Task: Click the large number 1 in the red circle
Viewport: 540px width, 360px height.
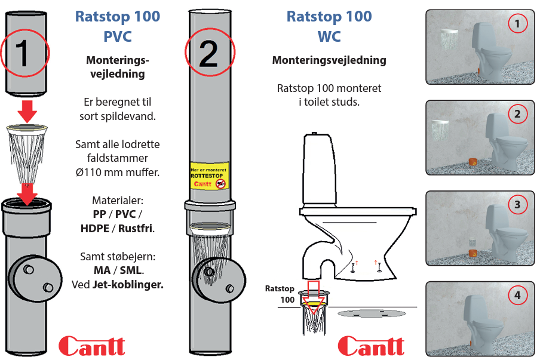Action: (x=23, y=54)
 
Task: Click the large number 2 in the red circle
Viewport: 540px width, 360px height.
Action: (x=208, y=55)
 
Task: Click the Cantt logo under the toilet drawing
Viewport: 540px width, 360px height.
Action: (x=370, y=346)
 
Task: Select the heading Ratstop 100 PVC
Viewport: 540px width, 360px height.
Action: (x=118, y=26)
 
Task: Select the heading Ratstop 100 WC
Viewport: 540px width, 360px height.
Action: (x=329, y=26)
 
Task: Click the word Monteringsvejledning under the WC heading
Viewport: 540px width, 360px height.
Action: (x=329, y=60)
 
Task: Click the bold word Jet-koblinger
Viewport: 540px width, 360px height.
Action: (x=128, y=284)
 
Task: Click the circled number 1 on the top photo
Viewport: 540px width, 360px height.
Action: (x=517, y=23)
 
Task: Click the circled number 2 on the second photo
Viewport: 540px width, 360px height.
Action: (x=517, y=113)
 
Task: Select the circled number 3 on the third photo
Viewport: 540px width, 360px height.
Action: (x=517, y=204)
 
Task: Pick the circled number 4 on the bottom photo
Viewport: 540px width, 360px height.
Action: (x=517, y=295)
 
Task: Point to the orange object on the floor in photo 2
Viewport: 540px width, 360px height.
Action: (x=472, y=162)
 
